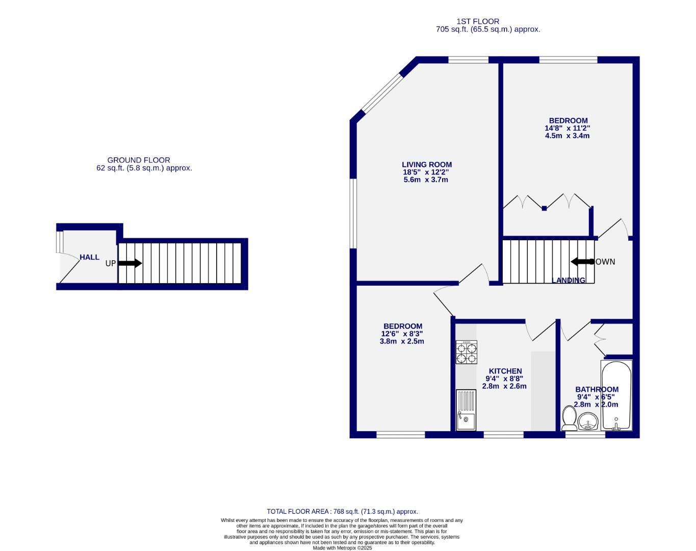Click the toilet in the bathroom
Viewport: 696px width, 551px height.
tap(569, 419)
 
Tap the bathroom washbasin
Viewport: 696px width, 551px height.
tap(588, 422)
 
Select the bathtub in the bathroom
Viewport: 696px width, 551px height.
tap(616, 395)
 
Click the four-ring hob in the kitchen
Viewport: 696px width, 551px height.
tap(467, 353)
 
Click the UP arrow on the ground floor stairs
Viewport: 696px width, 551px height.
tap(130, 263)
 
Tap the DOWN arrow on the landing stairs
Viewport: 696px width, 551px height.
tap(581, 262)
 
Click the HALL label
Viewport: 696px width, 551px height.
tap(89, 257)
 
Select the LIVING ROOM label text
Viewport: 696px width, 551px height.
tap(427, 164)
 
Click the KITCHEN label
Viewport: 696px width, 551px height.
tap(505, 371)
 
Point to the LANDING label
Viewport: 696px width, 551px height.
tap(569, 280)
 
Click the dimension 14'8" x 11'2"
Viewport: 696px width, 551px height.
tap(568, 129)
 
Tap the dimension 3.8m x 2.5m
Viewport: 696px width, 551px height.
tap(402, 341)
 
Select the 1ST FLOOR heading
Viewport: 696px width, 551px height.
tap(478, 21)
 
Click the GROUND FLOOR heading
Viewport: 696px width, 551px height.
tap(139, 160)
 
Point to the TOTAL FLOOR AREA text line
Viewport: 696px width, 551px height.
tap(342, 511)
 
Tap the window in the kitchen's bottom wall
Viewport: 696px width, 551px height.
tap(503, 435)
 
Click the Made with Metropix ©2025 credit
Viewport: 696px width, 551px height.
tap(342, 548)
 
